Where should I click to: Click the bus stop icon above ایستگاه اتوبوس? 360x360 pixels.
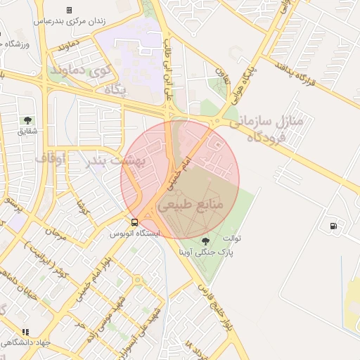click(x=134, y=223)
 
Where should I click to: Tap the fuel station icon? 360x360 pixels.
click(x=332, y=226)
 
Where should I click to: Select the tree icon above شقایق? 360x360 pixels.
click(x=27, y=120)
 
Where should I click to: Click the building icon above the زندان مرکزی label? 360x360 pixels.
click(x=69, y=10)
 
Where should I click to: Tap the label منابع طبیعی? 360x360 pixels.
click(x=191, y=205)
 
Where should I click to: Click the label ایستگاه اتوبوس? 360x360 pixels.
click(x=135, y=233)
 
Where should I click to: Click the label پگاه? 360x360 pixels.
click(x=114, y=89)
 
